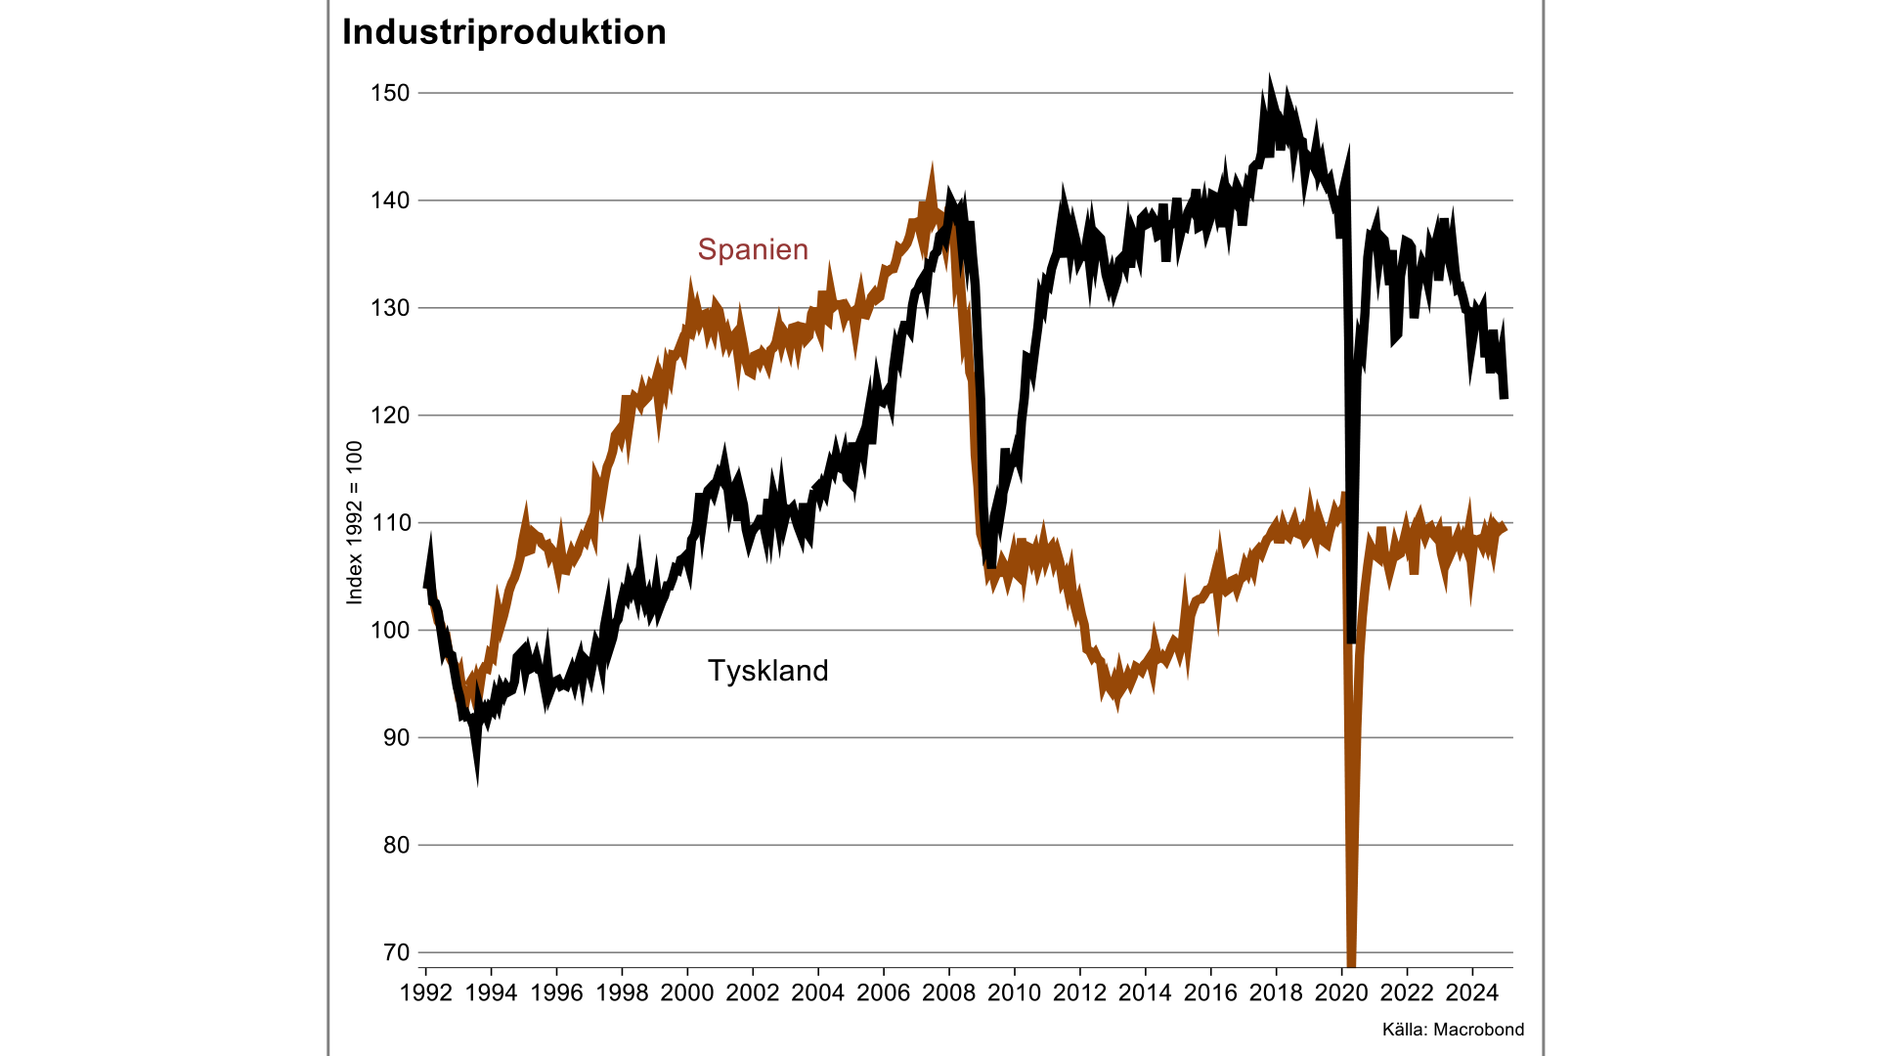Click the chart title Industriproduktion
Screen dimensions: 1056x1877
click(x=503, y=32)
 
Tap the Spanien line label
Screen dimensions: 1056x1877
click(x=753, y=249)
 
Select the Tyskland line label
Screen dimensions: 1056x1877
click(x=767, y=671)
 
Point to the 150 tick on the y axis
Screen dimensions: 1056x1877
click(x=390, y=93)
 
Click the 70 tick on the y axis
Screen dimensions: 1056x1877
click(x=396, y=952)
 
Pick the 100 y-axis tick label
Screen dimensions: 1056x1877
click(x=390, y=631)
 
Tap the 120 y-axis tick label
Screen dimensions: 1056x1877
click(x=390, y=416)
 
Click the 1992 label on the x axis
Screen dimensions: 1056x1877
click(x=426, y=993)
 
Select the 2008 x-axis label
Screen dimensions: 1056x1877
click(x=949, y=993)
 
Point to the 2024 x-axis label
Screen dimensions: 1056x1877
click(x=1472, y=993)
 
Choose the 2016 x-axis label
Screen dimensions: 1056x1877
click(x=1210, y=993)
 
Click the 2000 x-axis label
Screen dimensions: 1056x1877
click(x=687, y=993)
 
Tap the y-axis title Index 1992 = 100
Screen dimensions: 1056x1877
click(x=355, y=522)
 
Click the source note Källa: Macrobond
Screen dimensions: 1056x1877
click(x=1453, y=1030)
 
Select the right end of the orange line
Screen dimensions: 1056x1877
click(x=1505, y=529)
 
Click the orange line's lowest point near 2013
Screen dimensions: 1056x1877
click(x=1117, y=705)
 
